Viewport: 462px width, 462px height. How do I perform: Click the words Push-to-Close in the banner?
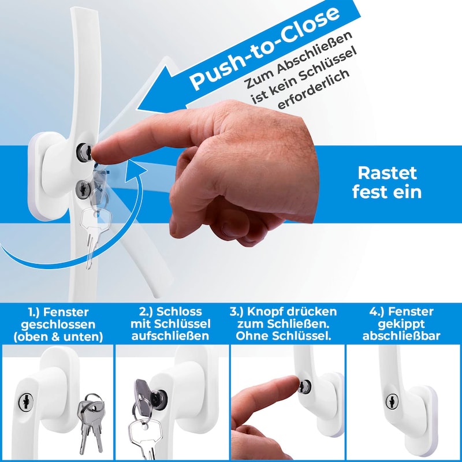pyautogui.click(x=264, y=48)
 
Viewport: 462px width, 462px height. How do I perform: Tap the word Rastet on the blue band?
pyautogui.click(x=387, y=173)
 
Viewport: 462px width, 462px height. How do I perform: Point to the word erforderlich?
pyautogui.click(x=314, y=90)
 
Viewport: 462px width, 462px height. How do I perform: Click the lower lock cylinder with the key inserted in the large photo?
pyautogui.click(x=83, y=189)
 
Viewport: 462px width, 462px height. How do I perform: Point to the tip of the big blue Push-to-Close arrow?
pyautogui.click(x=137, y=109)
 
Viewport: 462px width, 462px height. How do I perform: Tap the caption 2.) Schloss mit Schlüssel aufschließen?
pyautogui.click(x=170, y=324)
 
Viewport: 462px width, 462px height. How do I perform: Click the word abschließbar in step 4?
pyautogui.click(x=401, y=336)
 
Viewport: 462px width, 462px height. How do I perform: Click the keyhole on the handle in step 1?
pyautogui.click(x=25, y=401)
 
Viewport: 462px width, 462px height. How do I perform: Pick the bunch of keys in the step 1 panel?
pyautogui.click(x=91, y=422)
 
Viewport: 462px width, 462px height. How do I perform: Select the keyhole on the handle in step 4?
pyautogui.click(x=392, y=401)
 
